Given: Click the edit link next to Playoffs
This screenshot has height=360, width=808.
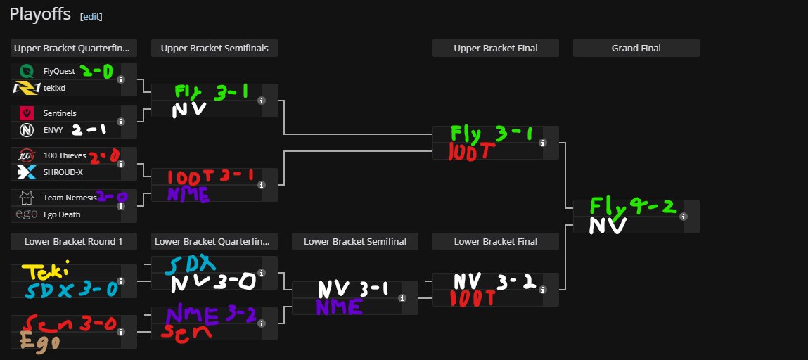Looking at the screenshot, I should coord(91,16).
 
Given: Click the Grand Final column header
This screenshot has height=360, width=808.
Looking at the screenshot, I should coord(636,49).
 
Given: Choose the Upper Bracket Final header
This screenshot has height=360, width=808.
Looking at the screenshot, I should coord(495,49).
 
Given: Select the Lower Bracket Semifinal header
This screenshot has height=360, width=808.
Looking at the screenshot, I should coord(354,241).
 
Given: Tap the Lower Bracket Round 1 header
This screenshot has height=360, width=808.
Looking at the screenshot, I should coord(73,241).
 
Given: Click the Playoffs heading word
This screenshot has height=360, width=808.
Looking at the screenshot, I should coord(40,15).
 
